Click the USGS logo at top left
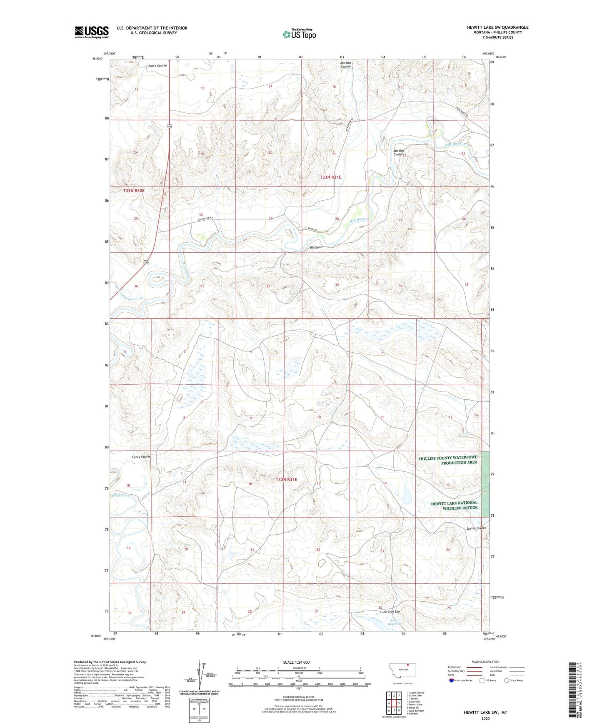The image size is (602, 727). tap(92, 32)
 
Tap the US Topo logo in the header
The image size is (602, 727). tap(299, 34)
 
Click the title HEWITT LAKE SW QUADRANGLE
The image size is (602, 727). tap(497, 27)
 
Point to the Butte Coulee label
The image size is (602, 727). tap(157, 66)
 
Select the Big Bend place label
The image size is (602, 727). tap(316, 247)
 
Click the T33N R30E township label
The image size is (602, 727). tap(134, 191)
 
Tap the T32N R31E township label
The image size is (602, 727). tap(286, 480)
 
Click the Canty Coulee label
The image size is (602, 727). tap(141, 457)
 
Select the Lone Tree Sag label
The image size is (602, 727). tap(390, 612)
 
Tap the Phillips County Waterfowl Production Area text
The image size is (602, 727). tap(448, 460)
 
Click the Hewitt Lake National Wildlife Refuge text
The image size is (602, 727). tap(454, 505)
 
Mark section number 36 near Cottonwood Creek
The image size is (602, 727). tap(136, 286)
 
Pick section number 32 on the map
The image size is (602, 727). tap(268, 286)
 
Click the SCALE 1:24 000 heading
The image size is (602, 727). tap(296, 662)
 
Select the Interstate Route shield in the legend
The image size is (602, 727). tap(452, 680)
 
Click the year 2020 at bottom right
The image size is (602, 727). tap(485, 719)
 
